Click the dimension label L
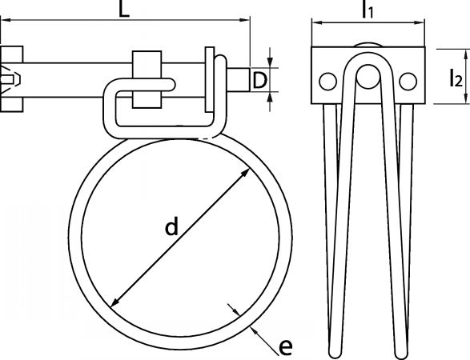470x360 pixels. pyautogui.click(x=124, y=9)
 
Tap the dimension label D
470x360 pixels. pyautogui.click(x=259, y=80)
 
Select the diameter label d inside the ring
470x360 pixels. pyautogui.click(x=172, y=226)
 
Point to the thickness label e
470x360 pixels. pyautogui.click(x=285, y=347)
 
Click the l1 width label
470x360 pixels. pyautogui.click(x=368, y=10)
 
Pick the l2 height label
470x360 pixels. pyautogui.click(x=456, y=78)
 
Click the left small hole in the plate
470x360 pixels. pyautogui.click(x=328, y=82)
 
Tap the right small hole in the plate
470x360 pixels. pyautogui.click(x=408, y=82)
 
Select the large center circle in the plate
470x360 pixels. pyautogui.click(x=368, y=76)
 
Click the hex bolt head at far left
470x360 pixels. pyautogui.click(x=11, y=79)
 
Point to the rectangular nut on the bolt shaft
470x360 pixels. pyautogui.click(x=147, y=79)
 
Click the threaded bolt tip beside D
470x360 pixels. pyautogui.click(x=239, y=80)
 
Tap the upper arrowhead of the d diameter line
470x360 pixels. pyautogui.click(x=244, y=174)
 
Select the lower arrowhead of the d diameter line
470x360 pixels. pyautogui.click(x=115, y=302)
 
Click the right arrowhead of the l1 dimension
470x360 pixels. pyautogui.click(x=419, y=22)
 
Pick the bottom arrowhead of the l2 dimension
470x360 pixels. pyautogui.click(x=466, y=98)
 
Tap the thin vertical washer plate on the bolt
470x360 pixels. pyautogui.click(x=210, y=79)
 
